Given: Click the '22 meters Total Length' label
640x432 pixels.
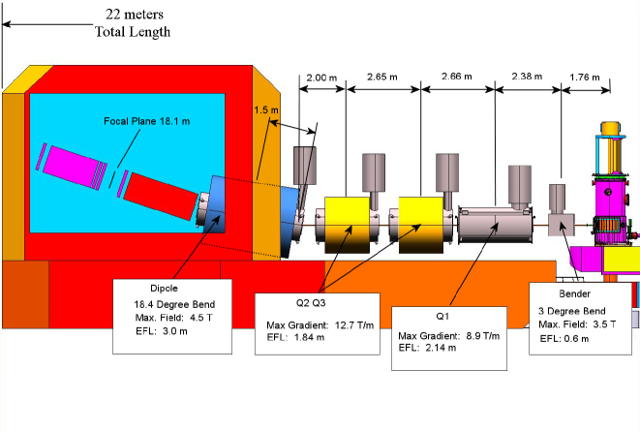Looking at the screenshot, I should click(132, 22).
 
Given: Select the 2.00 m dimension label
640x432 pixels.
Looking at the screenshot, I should click(321, 77).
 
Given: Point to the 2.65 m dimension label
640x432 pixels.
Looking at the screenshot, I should click(383, 77).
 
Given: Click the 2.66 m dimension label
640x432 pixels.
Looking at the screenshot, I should click(456, 77).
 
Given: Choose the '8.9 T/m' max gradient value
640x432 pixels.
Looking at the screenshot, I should click(478, 336).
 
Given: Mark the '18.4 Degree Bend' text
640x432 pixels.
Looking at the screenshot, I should click(173, 303).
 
